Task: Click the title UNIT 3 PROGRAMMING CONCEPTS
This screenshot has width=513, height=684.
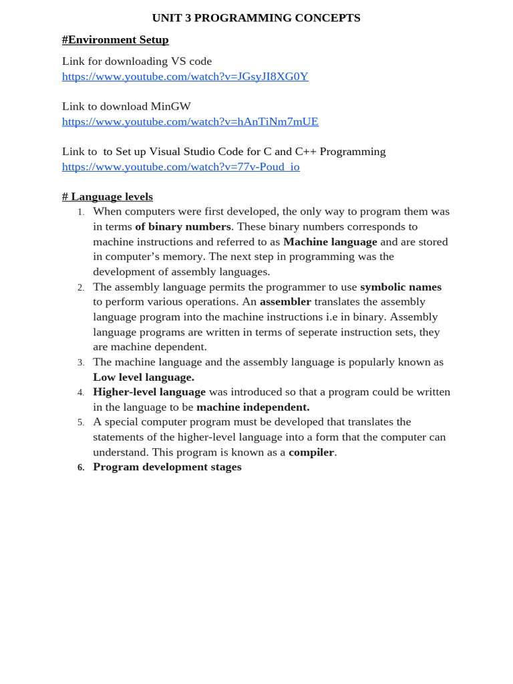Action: [256, 18]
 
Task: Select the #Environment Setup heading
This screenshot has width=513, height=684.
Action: [115, 39]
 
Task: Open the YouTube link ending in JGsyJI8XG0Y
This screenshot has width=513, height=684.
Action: [185, 76]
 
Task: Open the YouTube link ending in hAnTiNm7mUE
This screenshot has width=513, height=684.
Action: [190, 122]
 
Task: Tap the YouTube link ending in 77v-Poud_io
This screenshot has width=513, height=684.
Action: [180, 166]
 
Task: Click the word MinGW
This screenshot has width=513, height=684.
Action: [170, 106]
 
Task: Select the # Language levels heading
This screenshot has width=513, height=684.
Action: [107, 196]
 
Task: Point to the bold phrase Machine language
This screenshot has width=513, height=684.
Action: [330, 242]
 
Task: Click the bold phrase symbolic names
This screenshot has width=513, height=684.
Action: [401, 287]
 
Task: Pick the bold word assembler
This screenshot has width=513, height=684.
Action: [285, 301]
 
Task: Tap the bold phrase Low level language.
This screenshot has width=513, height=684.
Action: [144, 377]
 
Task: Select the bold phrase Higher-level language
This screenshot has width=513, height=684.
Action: [149, 392]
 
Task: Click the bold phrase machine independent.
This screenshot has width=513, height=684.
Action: [252, 407]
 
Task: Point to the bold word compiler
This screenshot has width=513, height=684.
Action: [311, 452]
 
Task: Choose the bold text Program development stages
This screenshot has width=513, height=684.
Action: [167, 467]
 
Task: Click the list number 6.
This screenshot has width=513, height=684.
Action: [81, 468]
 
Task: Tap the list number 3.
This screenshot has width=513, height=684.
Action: [81, 363]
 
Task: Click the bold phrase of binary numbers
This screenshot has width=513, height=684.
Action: [183, 226]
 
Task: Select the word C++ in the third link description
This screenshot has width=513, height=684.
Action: [305, 152]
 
